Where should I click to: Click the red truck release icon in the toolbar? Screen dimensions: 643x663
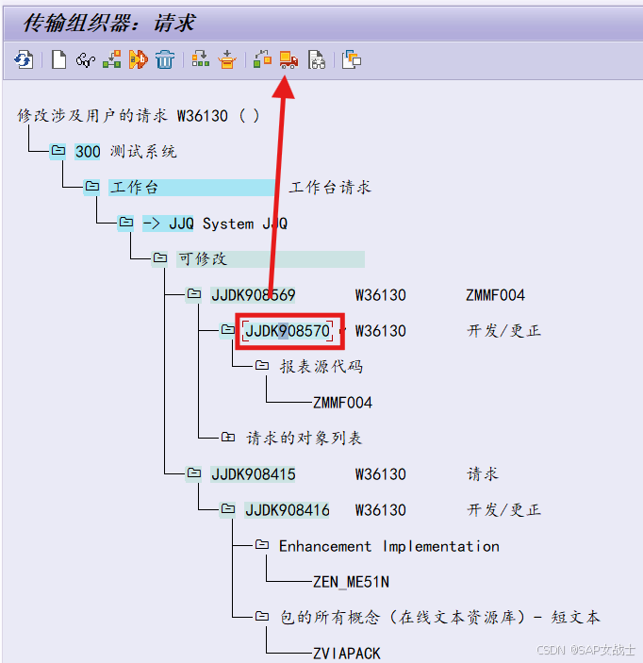[x=289, y=60]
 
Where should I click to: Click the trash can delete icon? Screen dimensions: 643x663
[x=165, y=60]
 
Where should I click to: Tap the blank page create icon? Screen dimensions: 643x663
[x=58, y=60]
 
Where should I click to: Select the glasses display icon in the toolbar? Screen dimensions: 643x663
[x=85, y=60]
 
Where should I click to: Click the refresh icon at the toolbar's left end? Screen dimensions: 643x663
[x=24, y=60]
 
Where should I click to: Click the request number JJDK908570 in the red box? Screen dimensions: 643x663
[x=288, y=331]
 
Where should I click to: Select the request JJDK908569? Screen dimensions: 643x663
[x=253, y=295]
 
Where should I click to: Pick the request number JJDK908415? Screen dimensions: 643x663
[x=253, y=474]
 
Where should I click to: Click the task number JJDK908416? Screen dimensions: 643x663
[x=288, y=510]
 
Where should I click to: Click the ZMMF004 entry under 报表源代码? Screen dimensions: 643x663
[x=342, y=403]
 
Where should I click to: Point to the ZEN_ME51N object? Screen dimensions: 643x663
[x=351, y=582]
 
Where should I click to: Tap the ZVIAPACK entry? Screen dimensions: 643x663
[x=346, y=653]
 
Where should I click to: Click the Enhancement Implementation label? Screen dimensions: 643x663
[x=388, y=546]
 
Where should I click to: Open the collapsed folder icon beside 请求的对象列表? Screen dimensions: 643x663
[x=228, y=438]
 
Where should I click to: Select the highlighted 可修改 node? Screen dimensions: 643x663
[x=203, y=258]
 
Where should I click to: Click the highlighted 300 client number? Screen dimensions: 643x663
[x=88, y=151]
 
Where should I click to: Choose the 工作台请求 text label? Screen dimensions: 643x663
[x=330, y=188]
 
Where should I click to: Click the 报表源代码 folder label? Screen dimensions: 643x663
[x=321, y=366]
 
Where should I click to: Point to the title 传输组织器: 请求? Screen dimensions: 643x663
[x=108, y=23]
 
